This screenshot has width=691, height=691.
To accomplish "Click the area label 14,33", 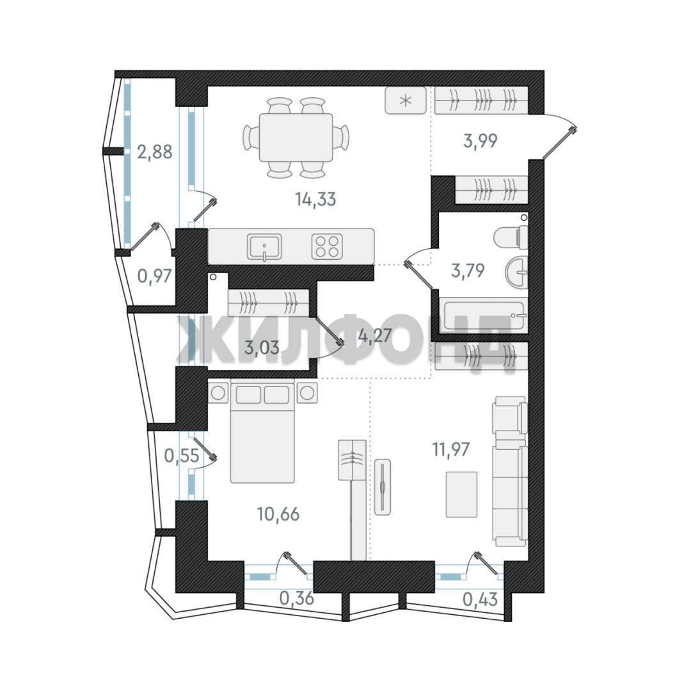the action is [315, 200].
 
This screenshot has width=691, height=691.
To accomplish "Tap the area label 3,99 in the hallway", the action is [481, 141].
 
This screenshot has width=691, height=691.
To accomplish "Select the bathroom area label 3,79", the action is [468, 270].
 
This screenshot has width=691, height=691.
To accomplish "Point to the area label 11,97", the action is [451, 450].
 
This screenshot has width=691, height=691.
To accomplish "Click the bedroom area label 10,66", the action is [278, 514].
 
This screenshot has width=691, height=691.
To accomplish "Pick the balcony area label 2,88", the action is [155, 152].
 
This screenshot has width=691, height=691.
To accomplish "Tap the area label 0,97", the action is [154, 276].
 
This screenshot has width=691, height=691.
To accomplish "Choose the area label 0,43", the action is [481, 600].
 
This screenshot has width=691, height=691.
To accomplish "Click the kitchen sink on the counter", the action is [264, 248].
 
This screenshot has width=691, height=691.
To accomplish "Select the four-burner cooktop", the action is [327, 246].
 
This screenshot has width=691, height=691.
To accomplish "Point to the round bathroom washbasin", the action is [516, 273].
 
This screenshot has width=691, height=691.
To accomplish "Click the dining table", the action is [296, 138].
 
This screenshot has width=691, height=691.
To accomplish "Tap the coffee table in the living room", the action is [461, 494].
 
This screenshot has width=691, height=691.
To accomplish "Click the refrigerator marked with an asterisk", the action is [406, 100].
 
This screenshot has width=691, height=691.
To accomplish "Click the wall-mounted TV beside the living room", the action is [383, 486].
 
